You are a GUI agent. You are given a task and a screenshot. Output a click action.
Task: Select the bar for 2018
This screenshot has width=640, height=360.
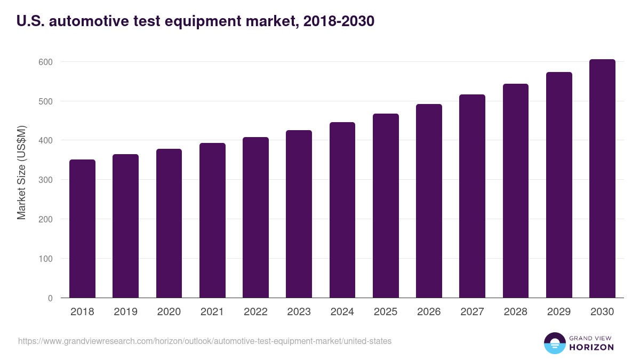pos(82,229)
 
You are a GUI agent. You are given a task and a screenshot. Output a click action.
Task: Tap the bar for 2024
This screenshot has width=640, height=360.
pos(342,210)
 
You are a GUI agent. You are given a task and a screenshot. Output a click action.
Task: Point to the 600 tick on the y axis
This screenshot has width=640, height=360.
pos(46,62)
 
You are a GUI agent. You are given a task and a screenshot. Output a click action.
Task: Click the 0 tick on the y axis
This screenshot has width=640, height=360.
pos(50,298)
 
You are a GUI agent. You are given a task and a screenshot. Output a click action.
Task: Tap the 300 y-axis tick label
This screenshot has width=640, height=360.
pos(46,180)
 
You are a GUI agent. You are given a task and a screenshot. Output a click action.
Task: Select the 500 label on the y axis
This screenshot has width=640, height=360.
pos(46,101)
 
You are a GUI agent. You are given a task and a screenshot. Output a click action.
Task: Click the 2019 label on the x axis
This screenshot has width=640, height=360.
pos(125,312)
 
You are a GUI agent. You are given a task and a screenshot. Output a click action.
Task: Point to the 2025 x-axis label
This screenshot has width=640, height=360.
pos(386,312)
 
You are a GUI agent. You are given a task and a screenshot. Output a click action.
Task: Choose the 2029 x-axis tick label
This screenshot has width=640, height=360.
pos(559,312)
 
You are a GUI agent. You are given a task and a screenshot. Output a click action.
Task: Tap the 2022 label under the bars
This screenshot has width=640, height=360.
pos(255,312)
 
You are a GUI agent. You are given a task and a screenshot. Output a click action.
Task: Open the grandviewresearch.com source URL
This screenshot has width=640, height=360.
pos(205,341)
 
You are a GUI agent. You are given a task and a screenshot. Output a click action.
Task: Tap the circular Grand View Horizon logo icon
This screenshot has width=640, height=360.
pos(555,343)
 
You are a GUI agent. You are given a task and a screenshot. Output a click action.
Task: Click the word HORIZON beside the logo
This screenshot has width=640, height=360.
pos(592,347)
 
